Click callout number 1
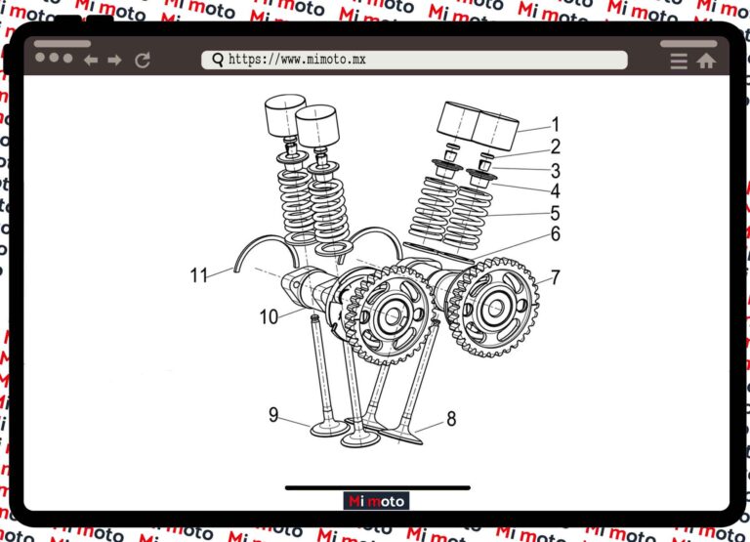point(556,124)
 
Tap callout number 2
point(556,146)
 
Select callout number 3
point(556,171)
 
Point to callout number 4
point(556,190)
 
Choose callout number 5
point(556,213)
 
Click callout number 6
point(556,234)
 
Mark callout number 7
point(556,277)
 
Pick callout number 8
point(451,419)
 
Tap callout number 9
point(273,414)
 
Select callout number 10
point(269,316)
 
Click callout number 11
point(199,275)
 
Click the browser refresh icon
point(143,60)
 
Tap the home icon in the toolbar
point(706,61)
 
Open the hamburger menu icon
point(679,62)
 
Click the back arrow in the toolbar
point(91,60)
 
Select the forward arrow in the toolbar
point(114,60)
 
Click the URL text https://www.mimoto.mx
point(297,60)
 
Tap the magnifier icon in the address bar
point(218,60)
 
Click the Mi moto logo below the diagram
point(376,501)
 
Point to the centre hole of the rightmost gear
point(496,308)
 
